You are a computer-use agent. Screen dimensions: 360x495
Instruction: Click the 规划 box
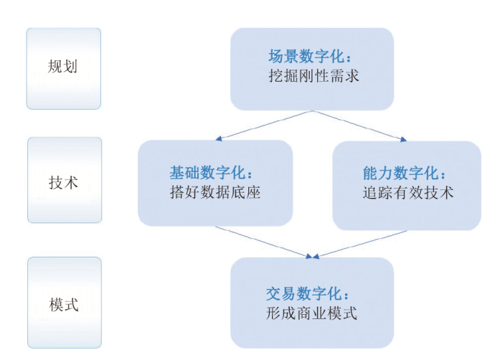[63, 68]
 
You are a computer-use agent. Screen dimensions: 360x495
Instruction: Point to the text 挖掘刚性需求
[312, 75]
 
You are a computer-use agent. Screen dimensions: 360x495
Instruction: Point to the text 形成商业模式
[311, 313]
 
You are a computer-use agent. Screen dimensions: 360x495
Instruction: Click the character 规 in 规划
[55, 68]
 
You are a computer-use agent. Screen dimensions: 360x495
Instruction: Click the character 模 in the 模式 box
[55, 305]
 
